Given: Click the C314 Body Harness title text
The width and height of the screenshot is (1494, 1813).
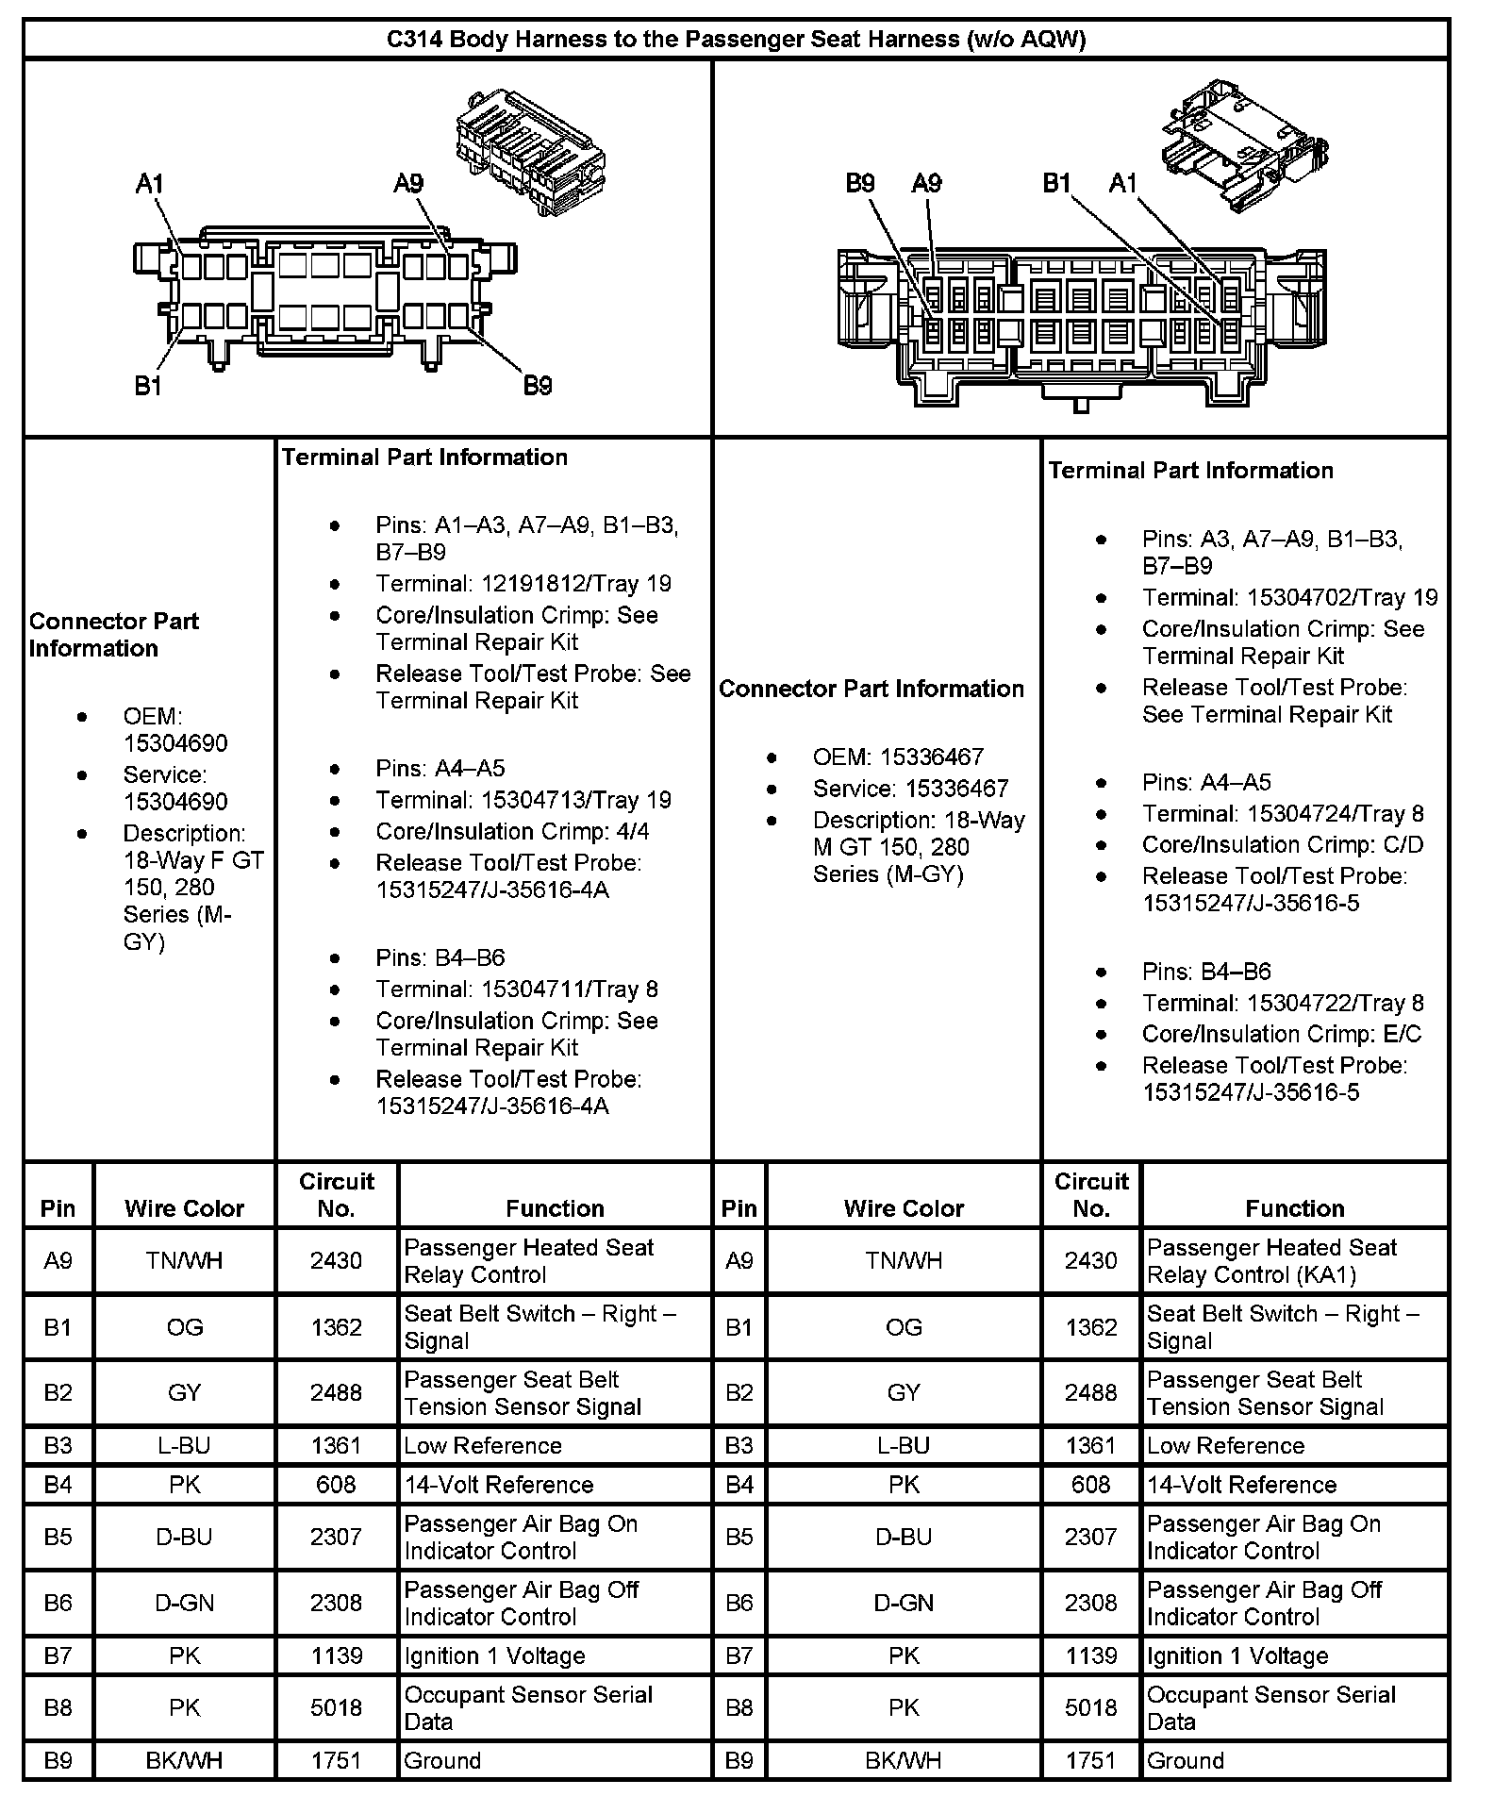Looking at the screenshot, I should [736, 40].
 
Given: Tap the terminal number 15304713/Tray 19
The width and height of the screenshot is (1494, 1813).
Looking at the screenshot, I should [575, 801].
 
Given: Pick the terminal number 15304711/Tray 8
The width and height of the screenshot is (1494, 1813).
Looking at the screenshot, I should [570, 990].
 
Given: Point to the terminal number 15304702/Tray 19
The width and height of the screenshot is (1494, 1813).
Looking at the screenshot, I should [1342, 598].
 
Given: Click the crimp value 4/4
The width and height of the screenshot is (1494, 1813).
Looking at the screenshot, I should [632, 832].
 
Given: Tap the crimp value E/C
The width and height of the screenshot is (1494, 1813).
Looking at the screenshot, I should [1400, 1035].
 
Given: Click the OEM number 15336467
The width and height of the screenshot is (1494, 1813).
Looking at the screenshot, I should [932, 757].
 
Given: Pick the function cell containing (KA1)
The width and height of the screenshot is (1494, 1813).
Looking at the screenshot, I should [1271, 1261].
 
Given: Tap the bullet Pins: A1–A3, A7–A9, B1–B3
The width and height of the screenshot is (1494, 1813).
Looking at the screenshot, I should [526, 539].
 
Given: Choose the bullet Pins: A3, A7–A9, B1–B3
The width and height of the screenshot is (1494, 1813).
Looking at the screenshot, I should [1271, 553].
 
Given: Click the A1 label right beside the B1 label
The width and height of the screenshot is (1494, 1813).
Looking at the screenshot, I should [1122, 183].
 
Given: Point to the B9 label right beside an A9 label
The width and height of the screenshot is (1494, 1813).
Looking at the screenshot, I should [860, 183].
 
